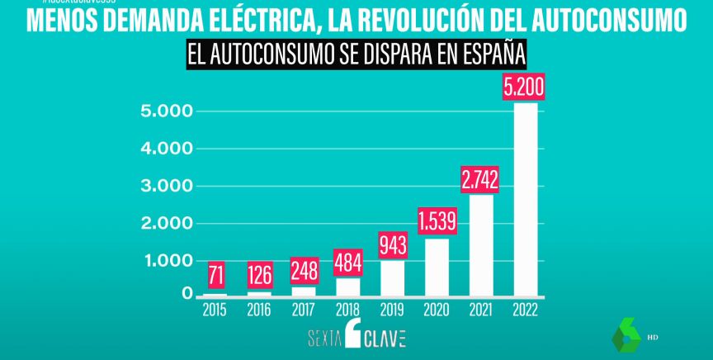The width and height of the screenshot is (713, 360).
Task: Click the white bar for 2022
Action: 525,198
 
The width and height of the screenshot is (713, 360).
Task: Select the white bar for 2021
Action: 481,244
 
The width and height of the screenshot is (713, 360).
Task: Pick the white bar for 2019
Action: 393,277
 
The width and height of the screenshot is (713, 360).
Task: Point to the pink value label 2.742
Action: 481,180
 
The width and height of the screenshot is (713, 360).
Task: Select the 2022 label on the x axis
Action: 525,310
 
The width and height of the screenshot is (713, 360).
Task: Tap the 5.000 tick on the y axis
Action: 166,111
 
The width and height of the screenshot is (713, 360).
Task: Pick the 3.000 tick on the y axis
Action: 166,187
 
